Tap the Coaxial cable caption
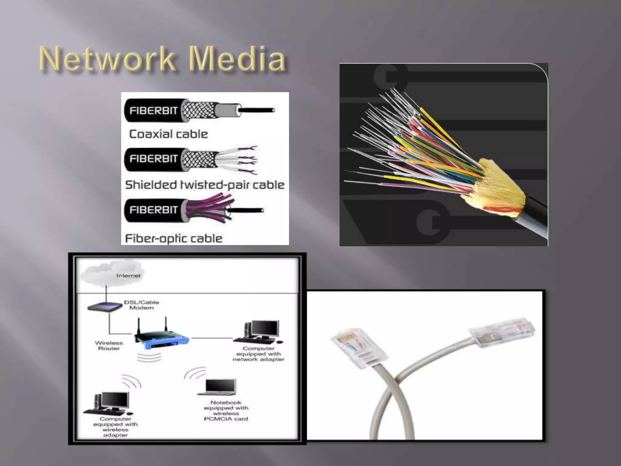pos(169,134)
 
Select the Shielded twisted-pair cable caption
pos(205,185)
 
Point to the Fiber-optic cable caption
pos(174,238)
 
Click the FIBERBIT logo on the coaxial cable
pos(153,110)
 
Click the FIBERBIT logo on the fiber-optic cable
pos(153,210)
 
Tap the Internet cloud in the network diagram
pos(112,275)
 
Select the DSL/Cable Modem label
pos(141,305)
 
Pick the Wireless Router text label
pos(109,346)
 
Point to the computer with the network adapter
pos(261,332)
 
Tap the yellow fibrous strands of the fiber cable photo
pos(497,185)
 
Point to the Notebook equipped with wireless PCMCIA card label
pos(226,410)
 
